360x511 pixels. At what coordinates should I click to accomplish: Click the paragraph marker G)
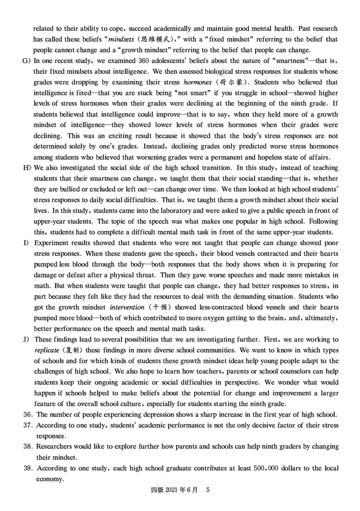[x=26, y=60]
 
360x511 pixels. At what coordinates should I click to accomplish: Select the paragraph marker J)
[x=26, y=339]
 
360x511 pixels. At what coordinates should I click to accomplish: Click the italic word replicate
[x=46, y=350]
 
